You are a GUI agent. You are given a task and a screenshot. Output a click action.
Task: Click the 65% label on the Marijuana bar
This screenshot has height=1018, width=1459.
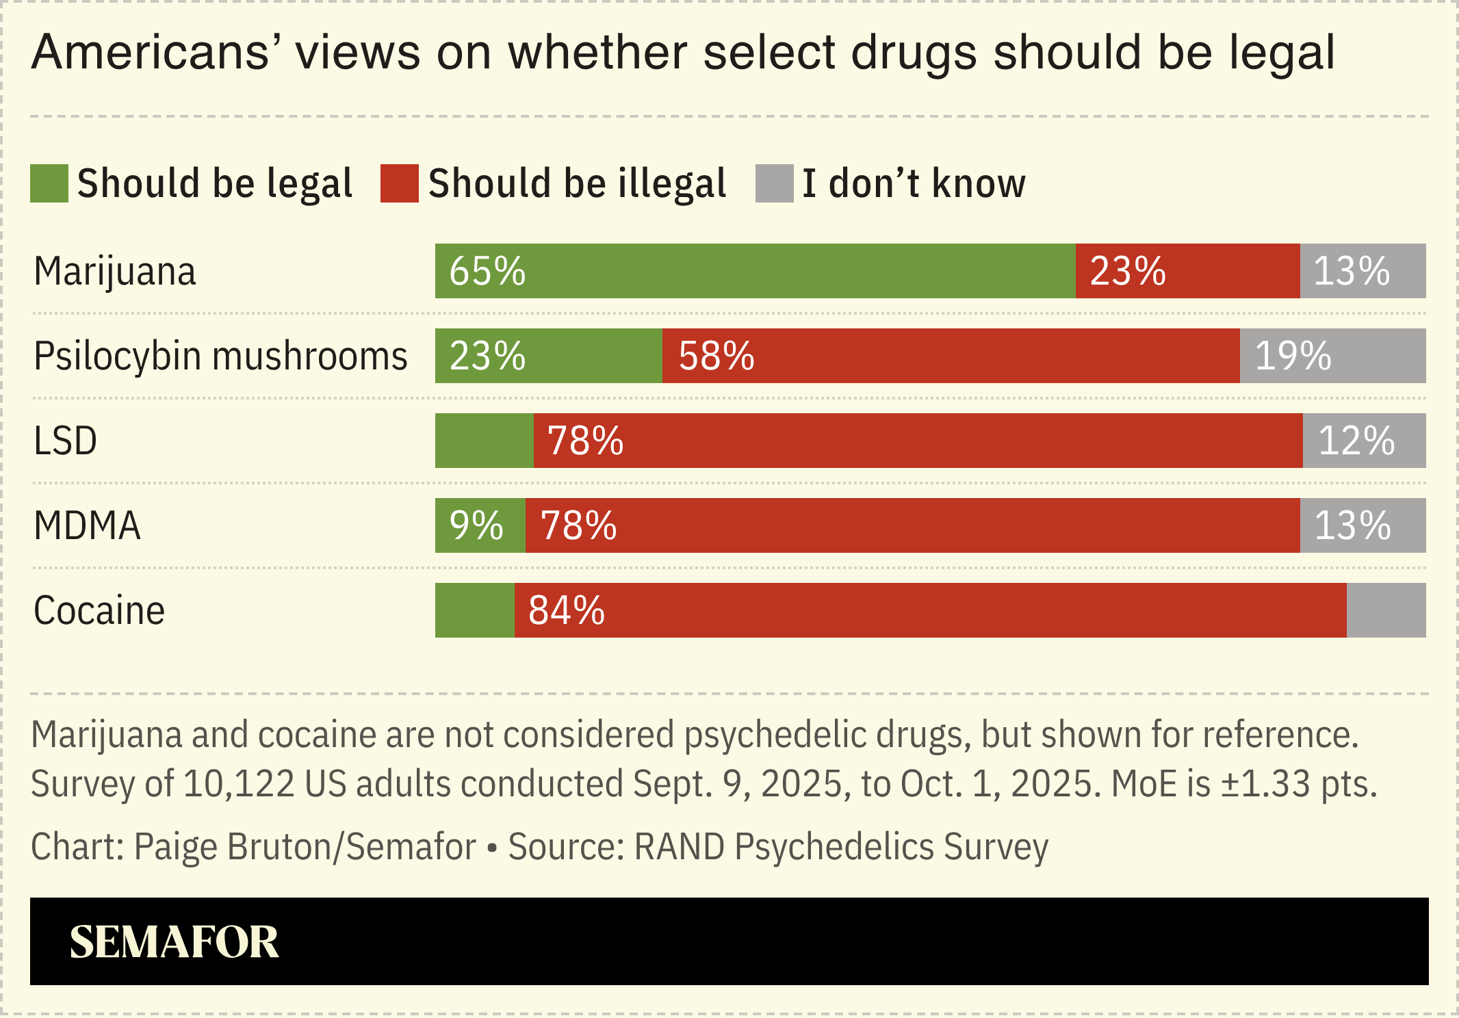(x=487, y=272)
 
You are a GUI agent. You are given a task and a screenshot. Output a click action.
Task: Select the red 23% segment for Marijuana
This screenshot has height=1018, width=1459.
(x=1187, y=272)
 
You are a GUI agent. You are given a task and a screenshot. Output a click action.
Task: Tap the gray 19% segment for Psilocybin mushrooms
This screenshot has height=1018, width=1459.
(x=1332, y=356)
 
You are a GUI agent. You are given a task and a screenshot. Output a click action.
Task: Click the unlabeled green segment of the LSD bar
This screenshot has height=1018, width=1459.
(x=484, y=441)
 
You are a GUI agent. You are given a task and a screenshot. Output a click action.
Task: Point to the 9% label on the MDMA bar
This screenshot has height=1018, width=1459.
(x=476, y=526)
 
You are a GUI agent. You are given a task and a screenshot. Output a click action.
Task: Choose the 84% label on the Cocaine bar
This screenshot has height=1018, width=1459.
(x=567, y=611)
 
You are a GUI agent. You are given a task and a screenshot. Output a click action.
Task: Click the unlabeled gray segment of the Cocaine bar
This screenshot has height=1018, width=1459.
(x=1386, y=611)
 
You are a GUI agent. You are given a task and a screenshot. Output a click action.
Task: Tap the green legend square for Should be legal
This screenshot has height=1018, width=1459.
(x=49, y=183)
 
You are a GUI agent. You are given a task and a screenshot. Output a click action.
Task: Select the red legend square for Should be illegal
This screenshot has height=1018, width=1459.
(x=400, y=183)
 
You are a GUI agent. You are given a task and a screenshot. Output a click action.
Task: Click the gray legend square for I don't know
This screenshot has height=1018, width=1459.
(x=774, y=183)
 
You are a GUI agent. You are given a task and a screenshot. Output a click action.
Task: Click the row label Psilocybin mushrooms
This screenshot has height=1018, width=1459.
(x=220, y=356)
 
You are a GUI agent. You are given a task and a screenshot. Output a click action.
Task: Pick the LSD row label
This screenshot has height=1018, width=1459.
(x=66, y=441)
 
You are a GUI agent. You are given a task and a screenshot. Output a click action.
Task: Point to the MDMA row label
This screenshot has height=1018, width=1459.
(x=87, y=526)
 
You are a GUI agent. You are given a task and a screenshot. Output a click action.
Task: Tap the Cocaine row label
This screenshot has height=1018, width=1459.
(x=99, y=611)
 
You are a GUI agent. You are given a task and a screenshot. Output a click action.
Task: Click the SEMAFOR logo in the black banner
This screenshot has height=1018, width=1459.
(x=175, y=942)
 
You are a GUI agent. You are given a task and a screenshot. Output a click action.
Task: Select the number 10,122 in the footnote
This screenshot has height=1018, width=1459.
(x=239, y=783)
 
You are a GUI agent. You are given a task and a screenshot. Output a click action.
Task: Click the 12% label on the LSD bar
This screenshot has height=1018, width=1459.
(x=1356, y=441)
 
